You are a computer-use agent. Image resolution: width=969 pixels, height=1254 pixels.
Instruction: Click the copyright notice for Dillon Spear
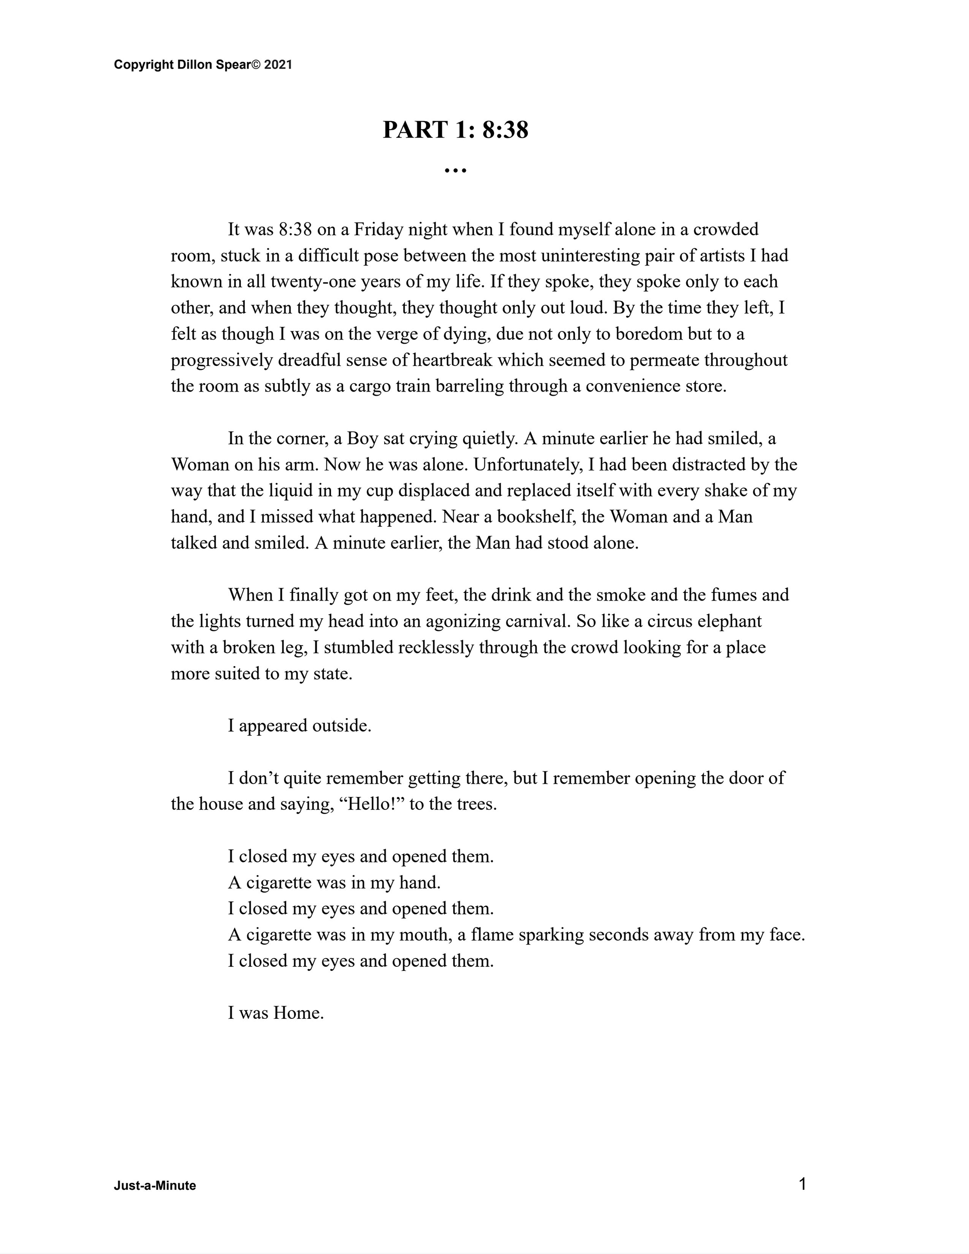click(203, 65)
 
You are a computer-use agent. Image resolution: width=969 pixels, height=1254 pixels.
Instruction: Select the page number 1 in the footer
click(802, 1183)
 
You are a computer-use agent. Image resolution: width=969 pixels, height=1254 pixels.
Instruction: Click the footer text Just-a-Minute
click(154, 1186)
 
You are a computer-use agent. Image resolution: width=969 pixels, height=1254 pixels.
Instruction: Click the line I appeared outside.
click(299, 726)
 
